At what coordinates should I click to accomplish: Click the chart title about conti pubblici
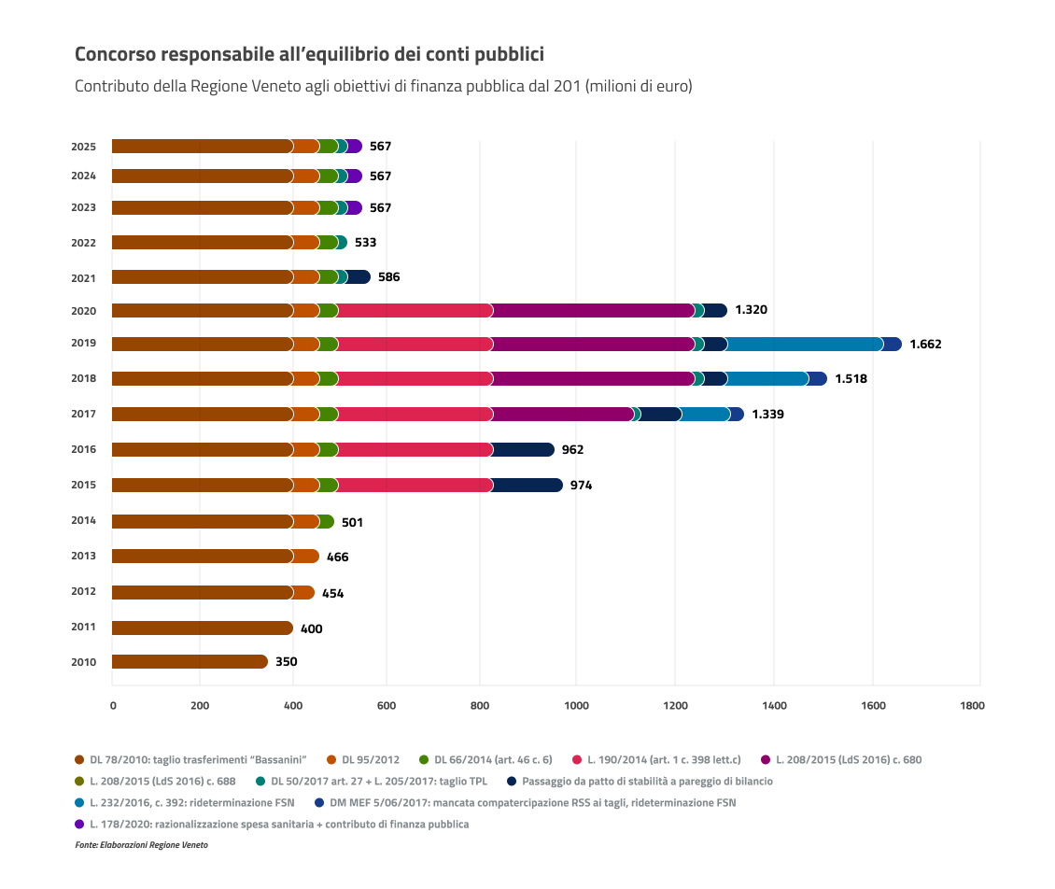click(308, 54)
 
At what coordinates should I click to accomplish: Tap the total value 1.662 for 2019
click(925, 344)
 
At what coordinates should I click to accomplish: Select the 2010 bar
click(190, 662)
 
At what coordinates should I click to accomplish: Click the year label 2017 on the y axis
click(84, 414)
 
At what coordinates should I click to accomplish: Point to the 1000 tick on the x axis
click(576, 706)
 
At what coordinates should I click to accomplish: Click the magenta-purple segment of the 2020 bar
click(593, 311)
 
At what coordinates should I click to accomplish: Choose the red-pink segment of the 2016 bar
click(415, 450)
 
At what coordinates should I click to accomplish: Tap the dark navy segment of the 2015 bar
click(527, 486)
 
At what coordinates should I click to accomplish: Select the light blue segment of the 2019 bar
click(805, 345)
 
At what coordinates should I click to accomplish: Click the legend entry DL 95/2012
click(370, 759)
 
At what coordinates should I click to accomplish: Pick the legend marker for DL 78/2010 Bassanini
click(79, 759)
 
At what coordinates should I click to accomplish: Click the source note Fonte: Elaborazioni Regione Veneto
click(141, 845)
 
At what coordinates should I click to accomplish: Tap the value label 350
click(286, 662)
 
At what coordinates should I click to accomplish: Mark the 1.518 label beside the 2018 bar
click(851, 379)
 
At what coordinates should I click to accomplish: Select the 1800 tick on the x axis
click(972, 706)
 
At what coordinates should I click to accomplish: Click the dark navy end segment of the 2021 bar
click(359, 277)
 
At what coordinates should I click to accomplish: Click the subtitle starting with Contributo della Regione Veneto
click(383, 86)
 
